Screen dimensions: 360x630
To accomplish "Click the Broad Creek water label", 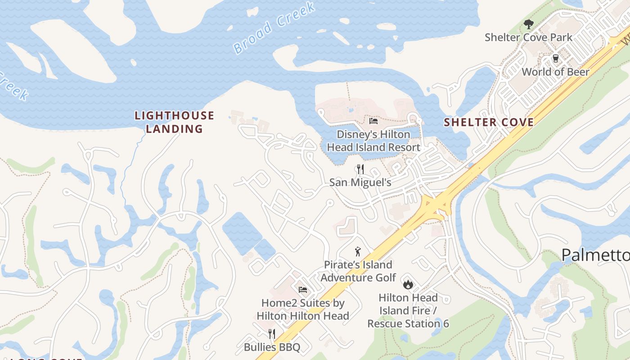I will (x=274, y=28).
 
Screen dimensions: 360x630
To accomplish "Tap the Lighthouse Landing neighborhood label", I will (x=174, y=122).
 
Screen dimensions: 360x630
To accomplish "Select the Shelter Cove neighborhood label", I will (x=489, y=122).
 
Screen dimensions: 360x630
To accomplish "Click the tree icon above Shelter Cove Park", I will (x=528, y=24).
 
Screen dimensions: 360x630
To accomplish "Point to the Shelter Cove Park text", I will (x=528, y=37).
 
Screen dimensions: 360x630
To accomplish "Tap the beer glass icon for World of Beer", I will (x=555, y=58).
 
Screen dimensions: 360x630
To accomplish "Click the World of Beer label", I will (x=555, y=72).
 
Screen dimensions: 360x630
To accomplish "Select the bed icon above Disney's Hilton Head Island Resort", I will (x=373, y=121).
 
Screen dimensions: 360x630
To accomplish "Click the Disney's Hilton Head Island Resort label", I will (x=373, y=141).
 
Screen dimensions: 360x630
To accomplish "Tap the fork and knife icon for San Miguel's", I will (x=360, y=169).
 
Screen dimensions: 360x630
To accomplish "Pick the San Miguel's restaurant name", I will (x=360, y=182).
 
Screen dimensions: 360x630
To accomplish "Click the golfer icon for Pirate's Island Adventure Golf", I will (x=358, y=252).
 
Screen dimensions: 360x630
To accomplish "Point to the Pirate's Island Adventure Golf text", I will (x=358, y=271).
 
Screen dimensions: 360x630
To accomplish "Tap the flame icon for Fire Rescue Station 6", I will (x=408, y=284).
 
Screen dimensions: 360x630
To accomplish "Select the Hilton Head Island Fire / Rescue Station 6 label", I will (x=408, y=310).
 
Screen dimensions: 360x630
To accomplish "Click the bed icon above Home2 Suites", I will (x=303, y=289).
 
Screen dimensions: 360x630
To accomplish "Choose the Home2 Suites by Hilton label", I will (x=303, y=310).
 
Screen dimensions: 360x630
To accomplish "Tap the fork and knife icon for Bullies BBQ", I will (x=272, y=333).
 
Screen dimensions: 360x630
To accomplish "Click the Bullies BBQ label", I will (x=272, y=347).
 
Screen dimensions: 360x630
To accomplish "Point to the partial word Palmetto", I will (x=595, y=255).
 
